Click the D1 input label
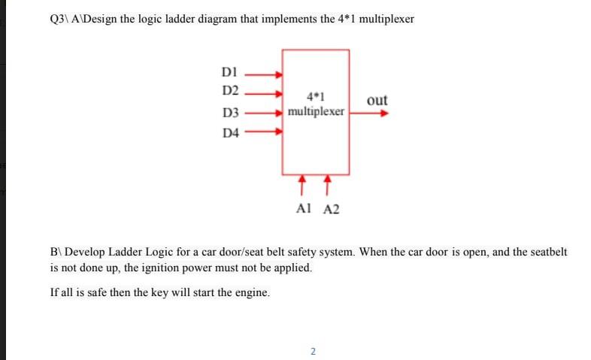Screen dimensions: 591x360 (x=230, y=74)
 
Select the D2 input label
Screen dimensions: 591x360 (x=230, y=92)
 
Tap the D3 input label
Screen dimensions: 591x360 (x=230, y=113)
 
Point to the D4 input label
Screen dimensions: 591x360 (x=230, y=135)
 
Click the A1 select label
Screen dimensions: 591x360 (x=304, y=209)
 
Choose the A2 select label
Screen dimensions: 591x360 (x=331, y=209)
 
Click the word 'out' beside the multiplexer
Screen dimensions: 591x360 (x=377, y=100)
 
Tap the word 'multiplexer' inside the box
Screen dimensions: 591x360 (x=316, y=111)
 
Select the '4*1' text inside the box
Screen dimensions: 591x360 (x=316, y=96)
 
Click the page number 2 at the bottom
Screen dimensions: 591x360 (x=313, y=350)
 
